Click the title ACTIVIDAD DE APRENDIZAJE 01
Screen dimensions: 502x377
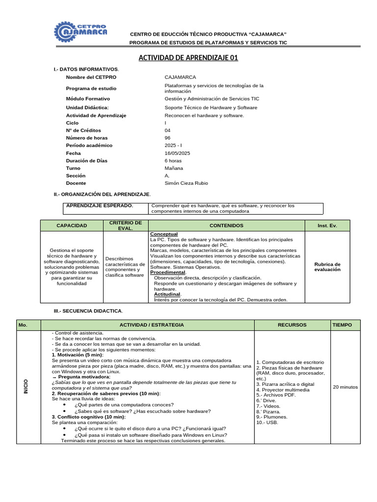[x=188, y=58]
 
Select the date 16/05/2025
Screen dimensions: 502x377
[x=177, y=153]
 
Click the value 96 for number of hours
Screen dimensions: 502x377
[x=168, y=138]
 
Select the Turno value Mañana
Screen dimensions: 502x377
[x=174, y=168]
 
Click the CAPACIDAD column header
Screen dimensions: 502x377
[x=72, y=226]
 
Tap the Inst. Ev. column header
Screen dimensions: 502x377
[x=327, y=226]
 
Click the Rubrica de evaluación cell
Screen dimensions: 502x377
[x=327, y=267]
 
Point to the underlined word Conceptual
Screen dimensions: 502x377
[x=164, y=234]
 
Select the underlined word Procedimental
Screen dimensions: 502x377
[x=168, y=272]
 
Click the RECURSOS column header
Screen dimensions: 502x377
[x=292, y=325]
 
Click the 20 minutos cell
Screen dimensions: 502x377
[x=345, y=387]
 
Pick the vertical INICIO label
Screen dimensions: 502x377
[x=26, y=386]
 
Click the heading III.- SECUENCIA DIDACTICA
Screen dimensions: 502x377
[x=88, y=311]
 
